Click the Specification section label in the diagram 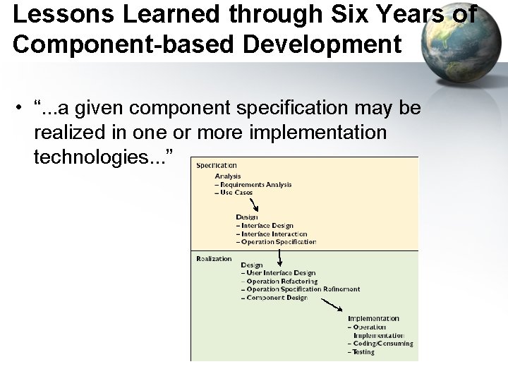(x=217, y=166)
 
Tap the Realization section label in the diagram (x=214, y=258)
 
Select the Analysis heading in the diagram (x=228, y=176)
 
